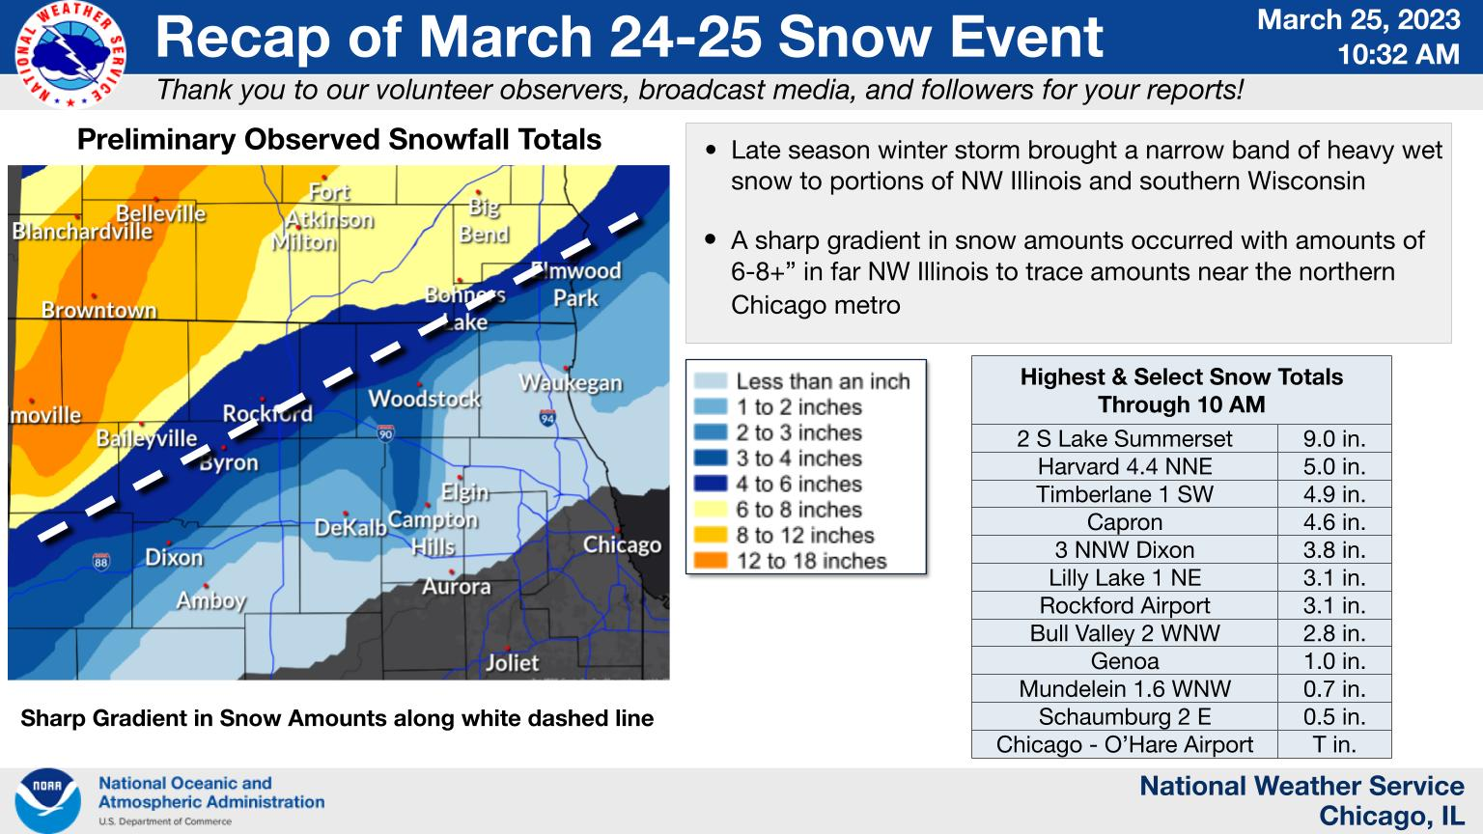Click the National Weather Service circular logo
[x=70, y=54]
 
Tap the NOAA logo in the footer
[x=47, y=799]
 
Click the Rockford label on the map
[x=266, y=414]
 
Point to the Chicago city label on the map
[x=622, y=544]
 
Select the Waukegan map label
[x=571, y=382]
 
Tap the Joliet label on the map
[x=512, y=662]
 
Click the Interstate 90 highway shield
[x=385, y=433]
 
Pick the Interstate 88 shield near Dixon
[x=100, y=561]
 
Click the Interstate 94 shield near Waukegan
[x=546, y=418]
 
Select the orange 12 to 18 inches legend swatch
[x=711, y=561]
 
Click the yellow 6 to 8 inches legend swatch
[x=711, y=510]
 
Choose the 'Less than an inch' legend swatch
[x=711, y=381]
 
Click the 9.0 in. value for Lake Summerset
[x=1334, y=438]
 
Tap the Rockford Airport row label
[x=1124, y=605]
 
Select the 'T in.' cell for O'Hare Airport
[x=1334, y=744]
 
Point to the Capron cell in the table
[x=1124, y=521]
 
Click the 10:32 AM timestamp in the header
[x=1398, y=54]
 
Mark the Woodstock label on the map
[x=425, y=399]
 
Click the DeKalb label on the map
[x=350, y=528]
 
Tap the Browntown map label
[x=98, y=310]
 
